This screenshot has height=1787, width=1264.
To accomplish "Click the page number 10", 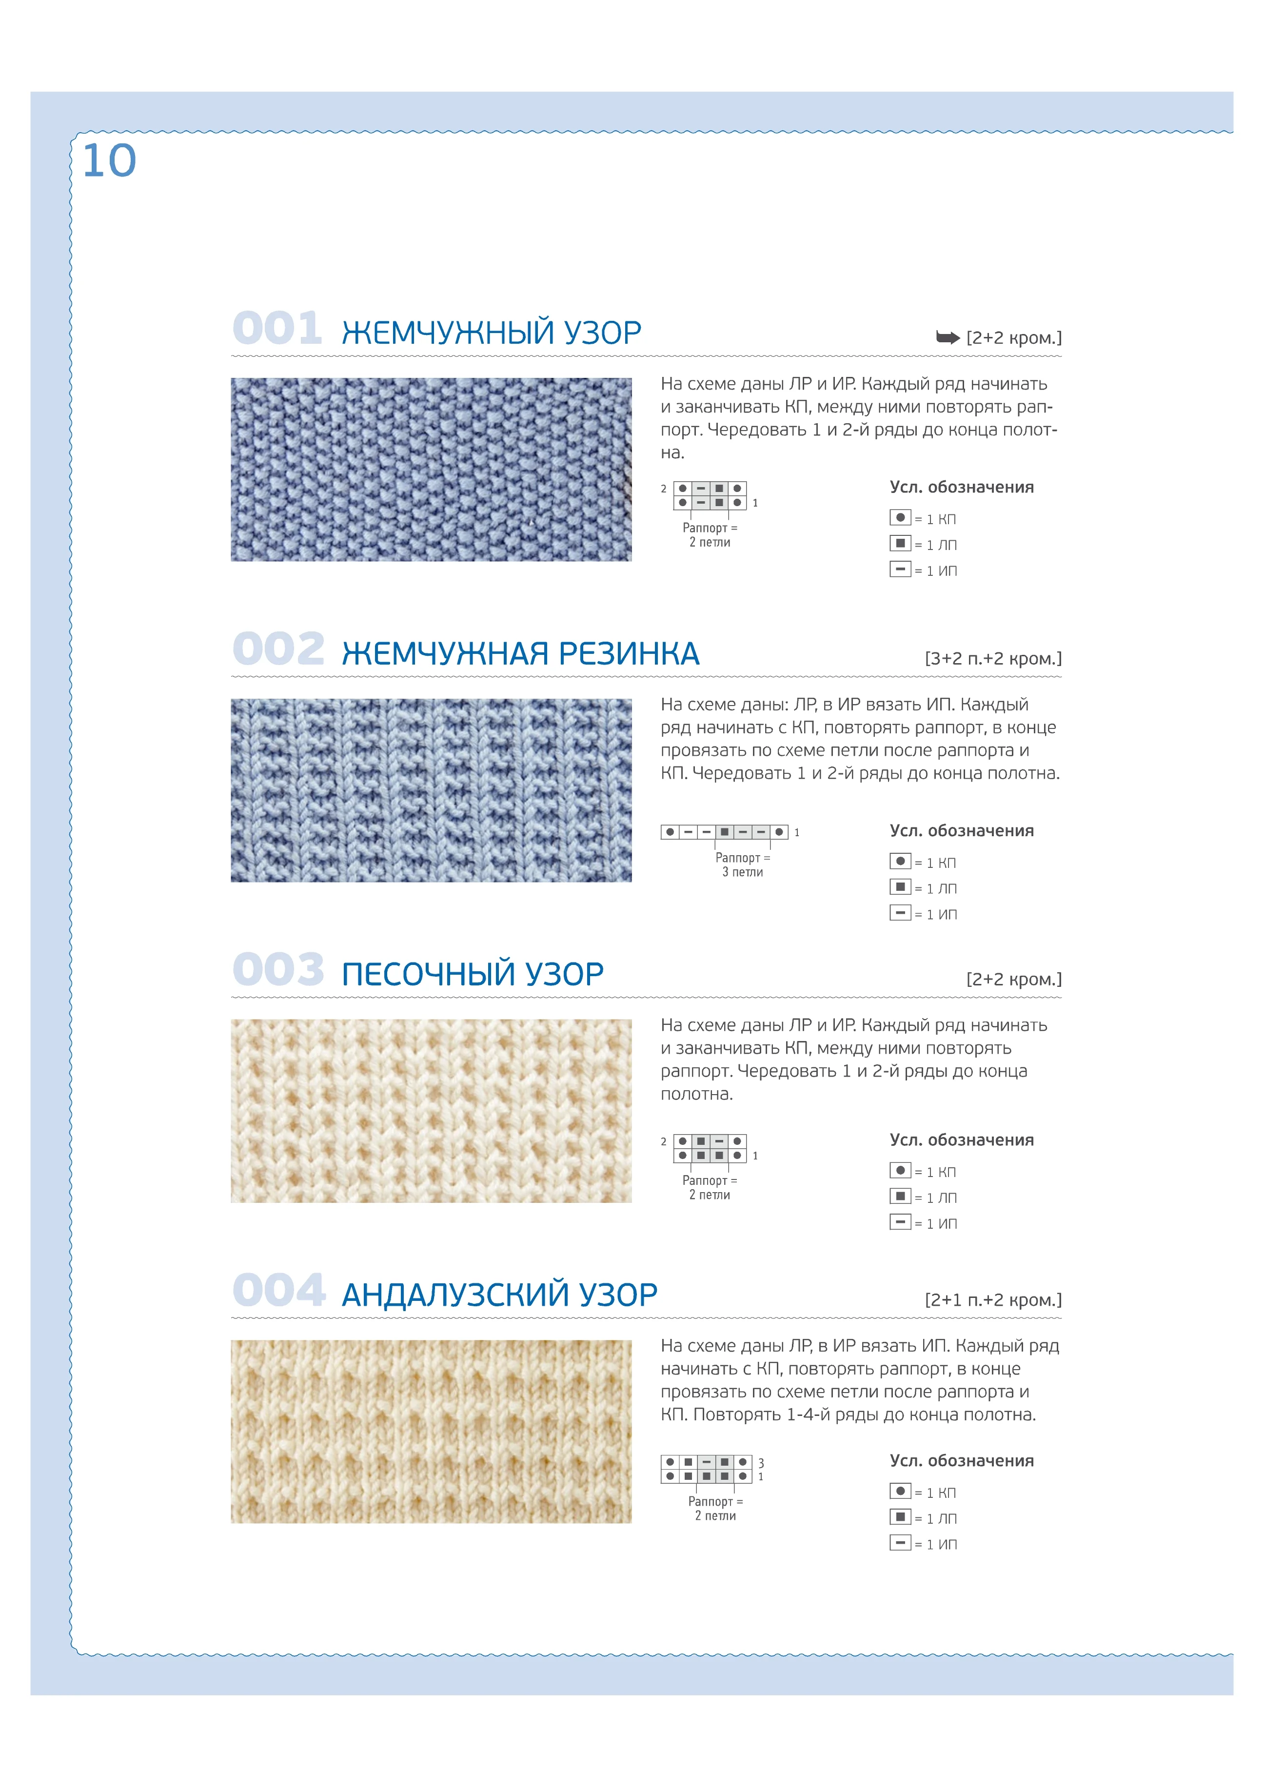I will [109, 161].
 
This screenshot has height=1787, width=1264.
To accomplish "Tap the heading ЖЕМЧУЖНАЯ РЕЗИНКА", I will [520, 654].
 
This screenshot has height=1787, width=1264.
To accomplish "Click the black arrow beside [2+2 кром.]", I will [947, 337].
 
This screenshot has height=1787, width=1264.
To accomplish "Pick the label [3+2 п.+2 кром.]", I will [992, 658].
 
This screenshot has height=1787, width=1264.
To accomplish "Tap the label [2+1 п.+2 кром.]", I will [992, 1300].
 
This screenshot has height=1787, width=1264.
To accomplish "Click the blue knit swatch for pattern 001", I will [431, 470].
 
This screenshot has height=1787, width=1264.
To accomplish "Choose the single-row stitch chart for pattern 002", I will [724, 832].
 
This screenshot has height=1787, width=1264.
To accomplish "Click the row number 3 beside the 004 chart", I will [761, 1462].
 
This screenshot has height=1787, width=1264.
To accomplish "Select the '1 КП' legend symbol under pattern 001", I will [900, 518].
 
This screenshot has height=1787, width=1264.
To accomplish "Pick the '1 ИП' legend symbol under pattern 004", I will [900, 1543].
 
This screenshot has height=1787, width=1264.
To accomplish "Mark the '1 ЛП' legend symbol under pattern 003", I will [900, 1196].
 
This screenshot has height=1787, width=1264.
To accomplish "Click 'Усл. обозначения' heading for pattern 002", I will [961, 830].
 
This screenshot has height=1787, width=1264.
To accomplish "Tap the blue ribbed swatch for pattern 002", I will [431, 790].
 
